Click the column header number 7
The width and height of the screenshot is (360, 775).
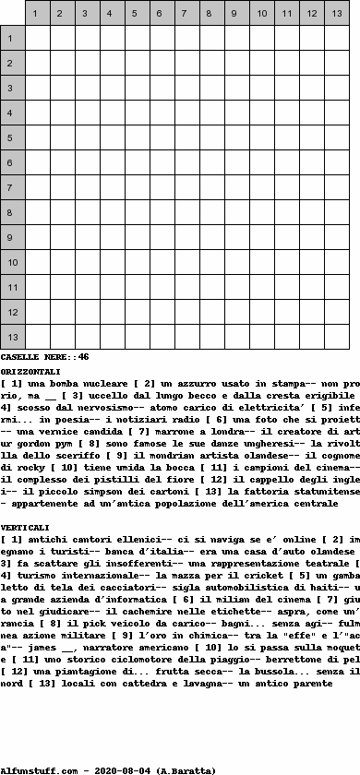point(186,14)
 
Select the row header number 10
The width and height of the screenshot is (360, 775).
point(12,263)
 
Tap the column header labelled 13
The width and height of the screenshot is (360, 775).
point(336,14)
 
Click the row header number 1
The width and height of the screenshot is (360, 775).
point(12,39)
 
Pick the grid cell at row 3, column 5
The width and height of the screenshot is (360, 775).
point(137,89)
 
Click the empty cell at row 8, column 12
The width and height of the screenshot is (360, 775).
point(311,213)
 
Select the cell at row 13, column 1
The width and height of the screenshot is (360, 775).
point(37,338)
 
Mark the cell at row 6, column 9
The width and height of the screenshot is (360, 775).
point(236,163)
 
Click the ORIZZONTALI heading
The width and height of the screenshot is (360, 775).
point(30,370)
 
